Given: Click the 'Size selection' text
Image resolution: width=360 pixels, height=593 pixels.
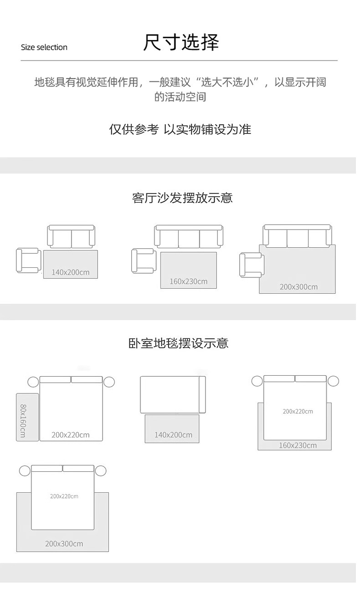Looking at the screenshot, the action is click(44, 47).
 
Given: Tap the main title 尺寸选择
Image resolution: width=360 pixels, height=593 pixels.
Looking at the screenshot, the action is click(181, 42).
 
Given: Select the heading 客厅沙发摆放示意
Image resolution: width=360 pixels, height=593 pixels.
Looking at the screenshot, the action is click(182, 198).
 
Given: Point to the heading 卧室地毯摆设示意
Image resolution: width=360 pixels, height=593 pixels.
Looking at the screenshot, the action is click(178, 343).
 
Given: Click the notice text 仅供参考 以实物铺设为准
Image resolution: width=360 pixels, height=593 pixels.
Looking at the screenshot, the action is click(180, 129).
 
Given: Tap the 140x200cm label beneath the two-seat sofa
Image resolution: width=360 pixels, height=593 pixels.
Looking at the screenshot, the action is click(71, 272).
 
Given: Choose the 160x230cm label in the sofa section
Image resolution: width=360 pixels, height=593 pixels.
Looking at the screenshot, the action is click(188, 281).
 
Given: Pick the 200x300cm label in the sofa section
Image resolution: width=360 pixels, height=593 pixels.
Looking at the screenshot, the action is click(298, 287).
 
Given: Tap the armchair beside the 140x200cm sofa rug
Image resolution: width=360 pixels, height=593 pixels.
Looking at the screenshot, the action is click(28, 261).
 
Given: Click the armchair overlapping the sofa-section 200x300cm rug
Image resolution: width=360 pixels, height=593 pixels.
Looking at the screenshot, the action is click(251, 265).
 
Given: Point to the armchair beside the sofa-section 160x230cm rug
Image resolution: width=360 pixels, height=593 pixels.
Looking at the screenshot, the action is click(144, 261).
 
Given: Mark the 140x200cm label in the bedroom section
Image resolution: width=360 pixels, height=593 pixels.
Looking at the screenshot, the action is click(173, 435).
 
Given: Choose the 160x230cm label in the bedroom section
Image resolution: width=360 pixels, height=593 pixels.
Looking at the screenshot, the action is click(298, 445).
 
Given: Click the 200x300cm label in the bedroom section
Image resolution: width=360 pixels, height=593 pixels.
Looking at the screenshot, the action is click(64, 544).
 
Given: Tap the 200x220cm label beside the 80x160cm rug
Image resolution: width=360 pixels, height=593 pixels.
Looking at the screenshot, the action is click(71, 435).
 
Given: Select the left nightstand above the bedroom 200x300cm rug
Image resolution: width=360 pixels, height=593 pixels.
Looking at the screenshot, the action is click(25, 471).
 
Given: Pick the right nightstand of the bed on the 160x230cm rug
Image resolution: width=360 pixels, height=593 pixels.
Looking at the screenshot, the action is click(334, 381).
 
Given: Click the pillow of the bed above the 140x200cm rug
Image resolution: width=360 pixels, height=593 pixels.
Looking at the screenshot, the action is click(202, 394).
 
